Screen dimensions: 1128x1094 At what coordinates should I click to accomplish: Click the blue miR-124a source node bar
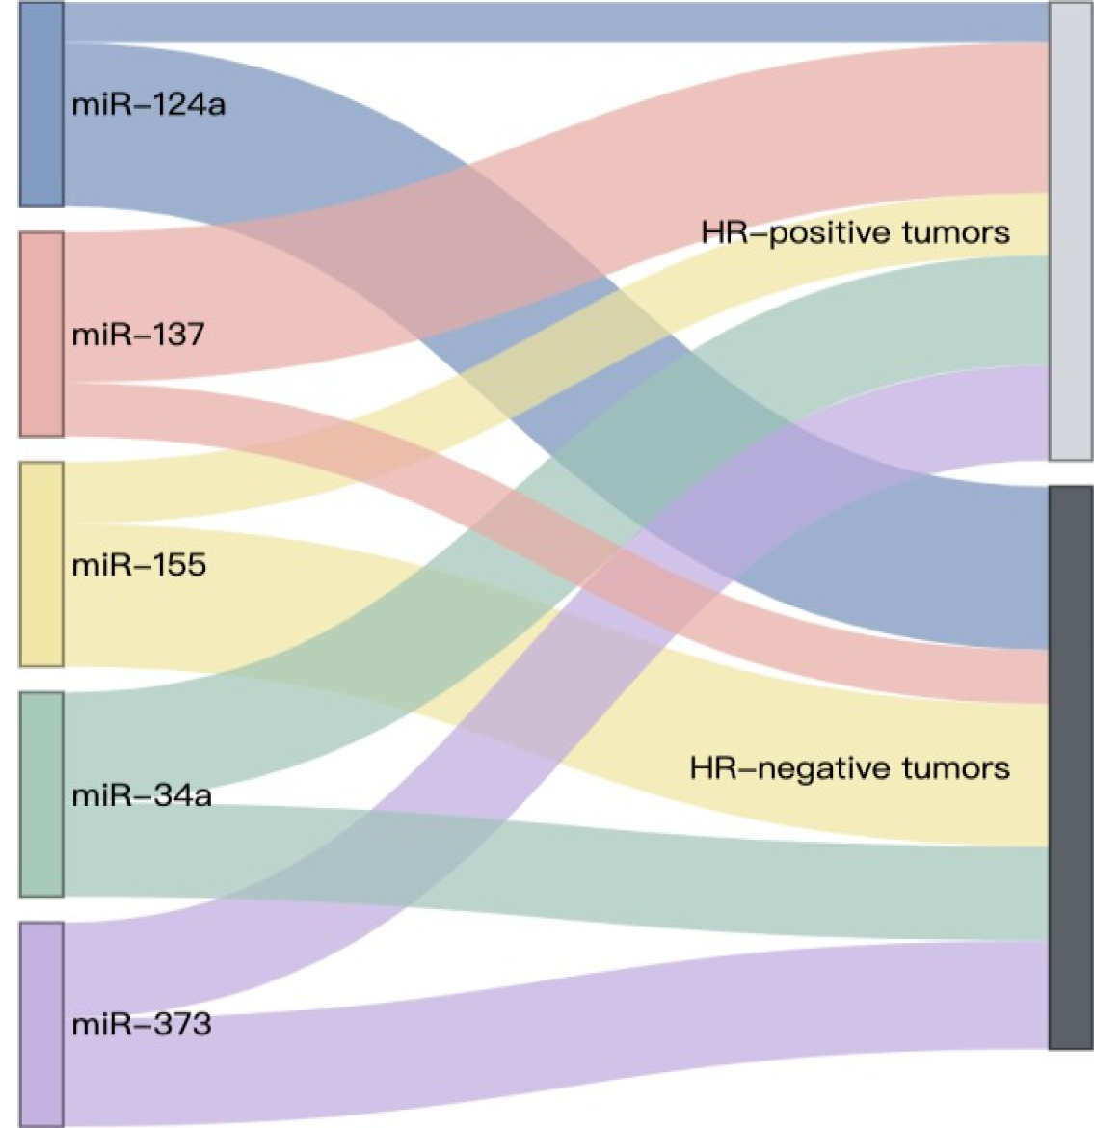(x=41, y=104)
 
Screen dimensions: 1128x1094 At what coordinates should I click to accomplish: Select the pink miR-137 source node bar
(x=41, y=334)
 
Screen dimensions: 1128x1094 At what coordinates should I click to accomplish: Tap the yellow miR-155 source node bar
(x=41, y=564)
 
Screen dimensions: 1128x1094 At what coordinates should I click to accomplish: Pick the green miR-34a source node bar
(x=41, y=794)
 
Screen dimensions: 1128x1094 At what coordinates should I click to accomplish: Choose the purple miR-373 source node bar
(x=41, y=1024)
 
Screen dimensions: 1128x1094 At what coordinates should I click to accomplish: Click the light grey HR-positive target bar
(x=1071, y=231)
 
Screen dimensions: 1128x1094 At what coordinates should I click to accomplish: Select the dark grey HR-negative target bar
(x=1071, y=767)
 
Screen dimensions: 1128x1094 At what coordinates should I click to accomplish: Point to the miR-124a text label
(x=148, y=104)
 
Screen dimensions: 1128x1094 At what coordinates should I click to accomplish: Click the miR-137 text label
(x=138, y=335)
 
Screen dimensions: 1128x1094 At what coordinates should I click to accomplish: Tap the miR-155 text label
(x=139, y=564)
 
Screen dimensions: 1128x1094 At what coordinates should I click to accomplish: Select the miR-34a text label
(x=142, y=795)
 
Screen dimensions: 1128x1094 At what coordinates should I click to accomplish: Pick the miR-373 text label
(x=142, y=1024)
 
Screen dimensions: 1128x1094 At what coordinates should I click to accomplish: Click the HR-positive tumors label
(x=855, y=232)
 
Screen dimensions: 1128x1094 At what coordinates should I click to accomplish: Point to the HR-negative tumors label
(x=849, y=768)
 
